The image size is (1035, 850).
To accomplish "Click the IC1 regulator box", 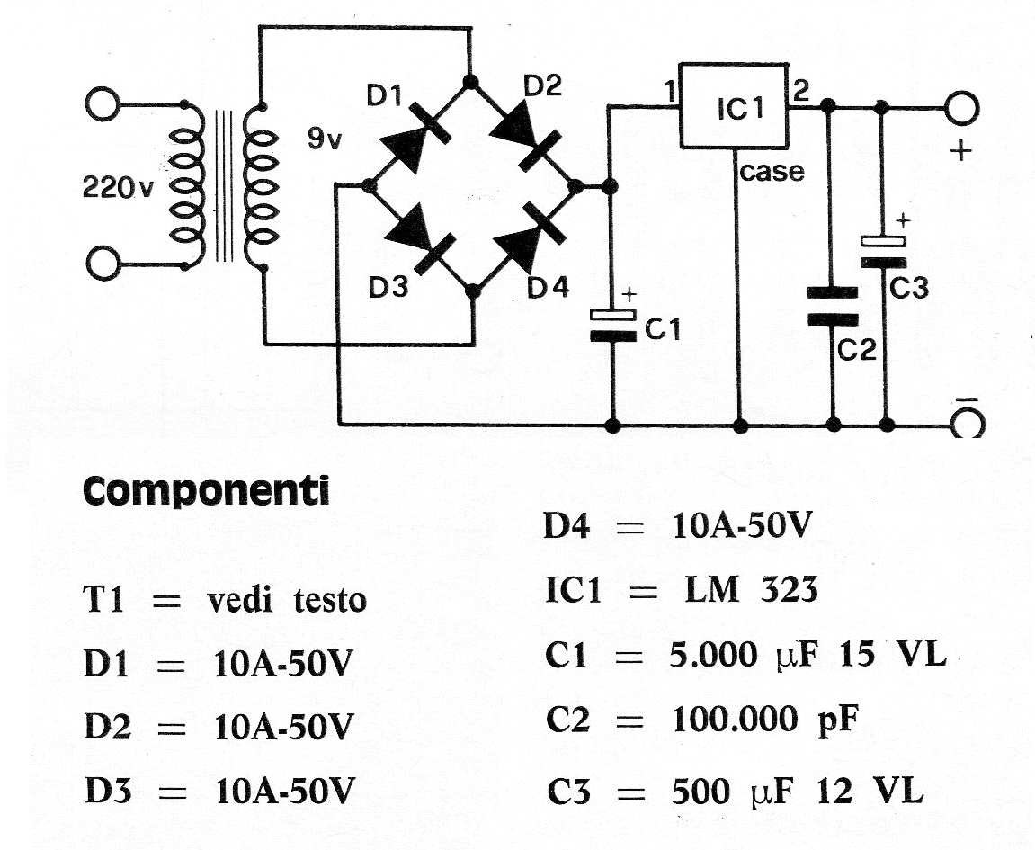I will click(x=734, y=105).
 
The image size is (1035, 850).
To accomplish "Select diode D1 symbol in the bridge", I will click(x=415, y=135).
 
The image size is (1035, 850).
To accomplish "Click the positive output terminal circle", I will click(x=960, y=109).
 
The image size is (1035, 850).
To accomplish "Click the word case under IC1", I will click(x=772, y=171).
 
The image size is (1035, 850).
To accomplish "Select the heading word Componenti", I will click(x=206, y=491).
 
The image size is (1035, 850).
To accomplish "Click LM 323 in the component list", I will click(x=745, y=590).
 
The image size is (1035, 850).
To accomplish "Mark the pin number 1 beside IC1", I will click(x=667, y=91).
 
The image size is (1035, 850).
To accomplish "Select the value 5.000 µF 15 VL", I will click(x=808, y=656).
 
